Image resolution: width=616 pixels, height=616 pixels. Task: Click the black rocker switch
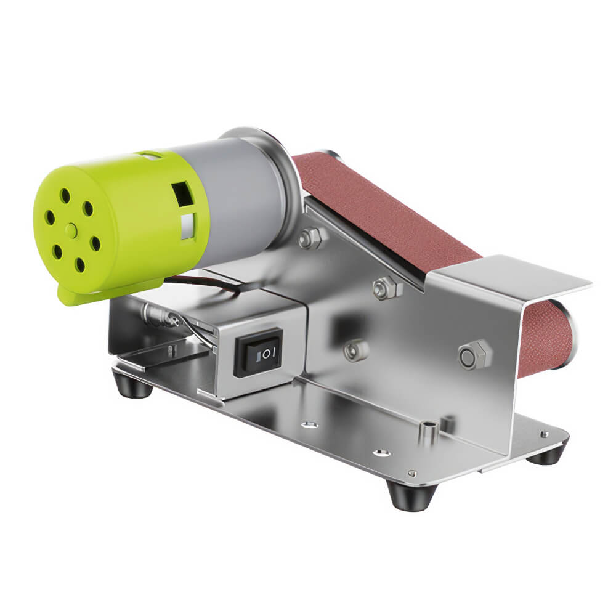[259, 352]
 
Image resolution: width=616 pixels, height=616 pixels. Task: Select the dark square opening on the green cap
[183, 194]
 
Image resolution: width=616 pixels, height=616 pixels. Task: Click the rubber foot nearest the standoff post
[411, 493]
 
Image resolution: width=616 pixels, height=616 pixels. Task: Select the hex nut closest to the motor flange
[312, 238]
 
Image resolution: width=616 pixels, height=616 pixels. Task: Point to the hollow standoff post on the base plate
[428, 431]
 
